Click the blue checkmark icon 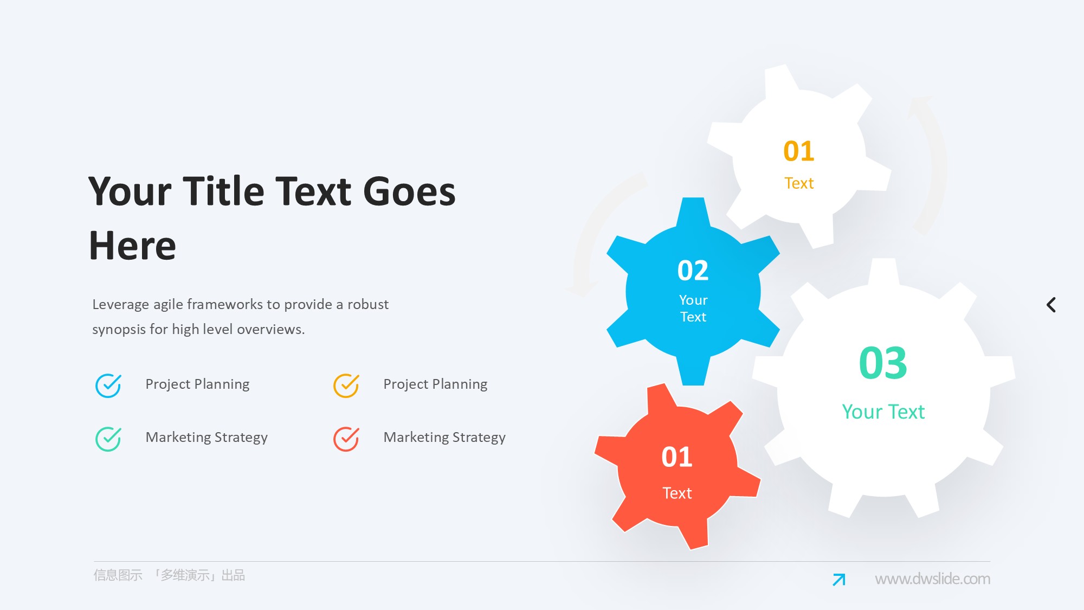(108, 386)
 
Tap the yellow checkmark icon (346, 386)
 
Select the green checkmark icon (108, 439)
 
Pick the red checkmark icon (346, 439)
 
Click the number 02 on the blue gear (693, 271)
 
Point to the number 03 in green (883, 363)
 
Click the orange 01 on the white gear (799, 151)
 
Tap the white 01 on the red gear (677, 457)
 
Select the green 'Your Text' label (883, 412)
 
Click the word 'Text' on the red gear (677, 493)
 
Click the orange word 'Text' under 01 (799, 183)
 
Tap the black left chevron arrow (1051, 305)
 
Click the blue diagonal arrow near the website (839, 580)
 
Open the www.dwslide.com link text (932, 579)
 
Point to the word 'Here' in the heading (132, 246)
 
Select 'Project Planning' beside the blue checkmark (197, 384)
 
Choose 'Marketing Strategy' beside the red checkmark (444, 438)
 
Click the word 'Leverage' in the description (120, 305)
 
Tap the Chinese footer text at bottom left (169, 575)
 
